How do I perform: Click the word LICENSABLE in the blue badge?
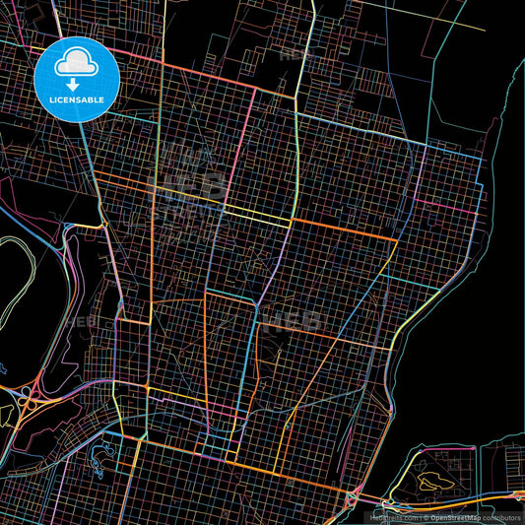click(77, 99)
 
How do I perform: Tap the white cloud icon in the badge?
click(76, 64)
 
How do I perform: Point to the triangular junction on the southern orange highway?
click(352, 500)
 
